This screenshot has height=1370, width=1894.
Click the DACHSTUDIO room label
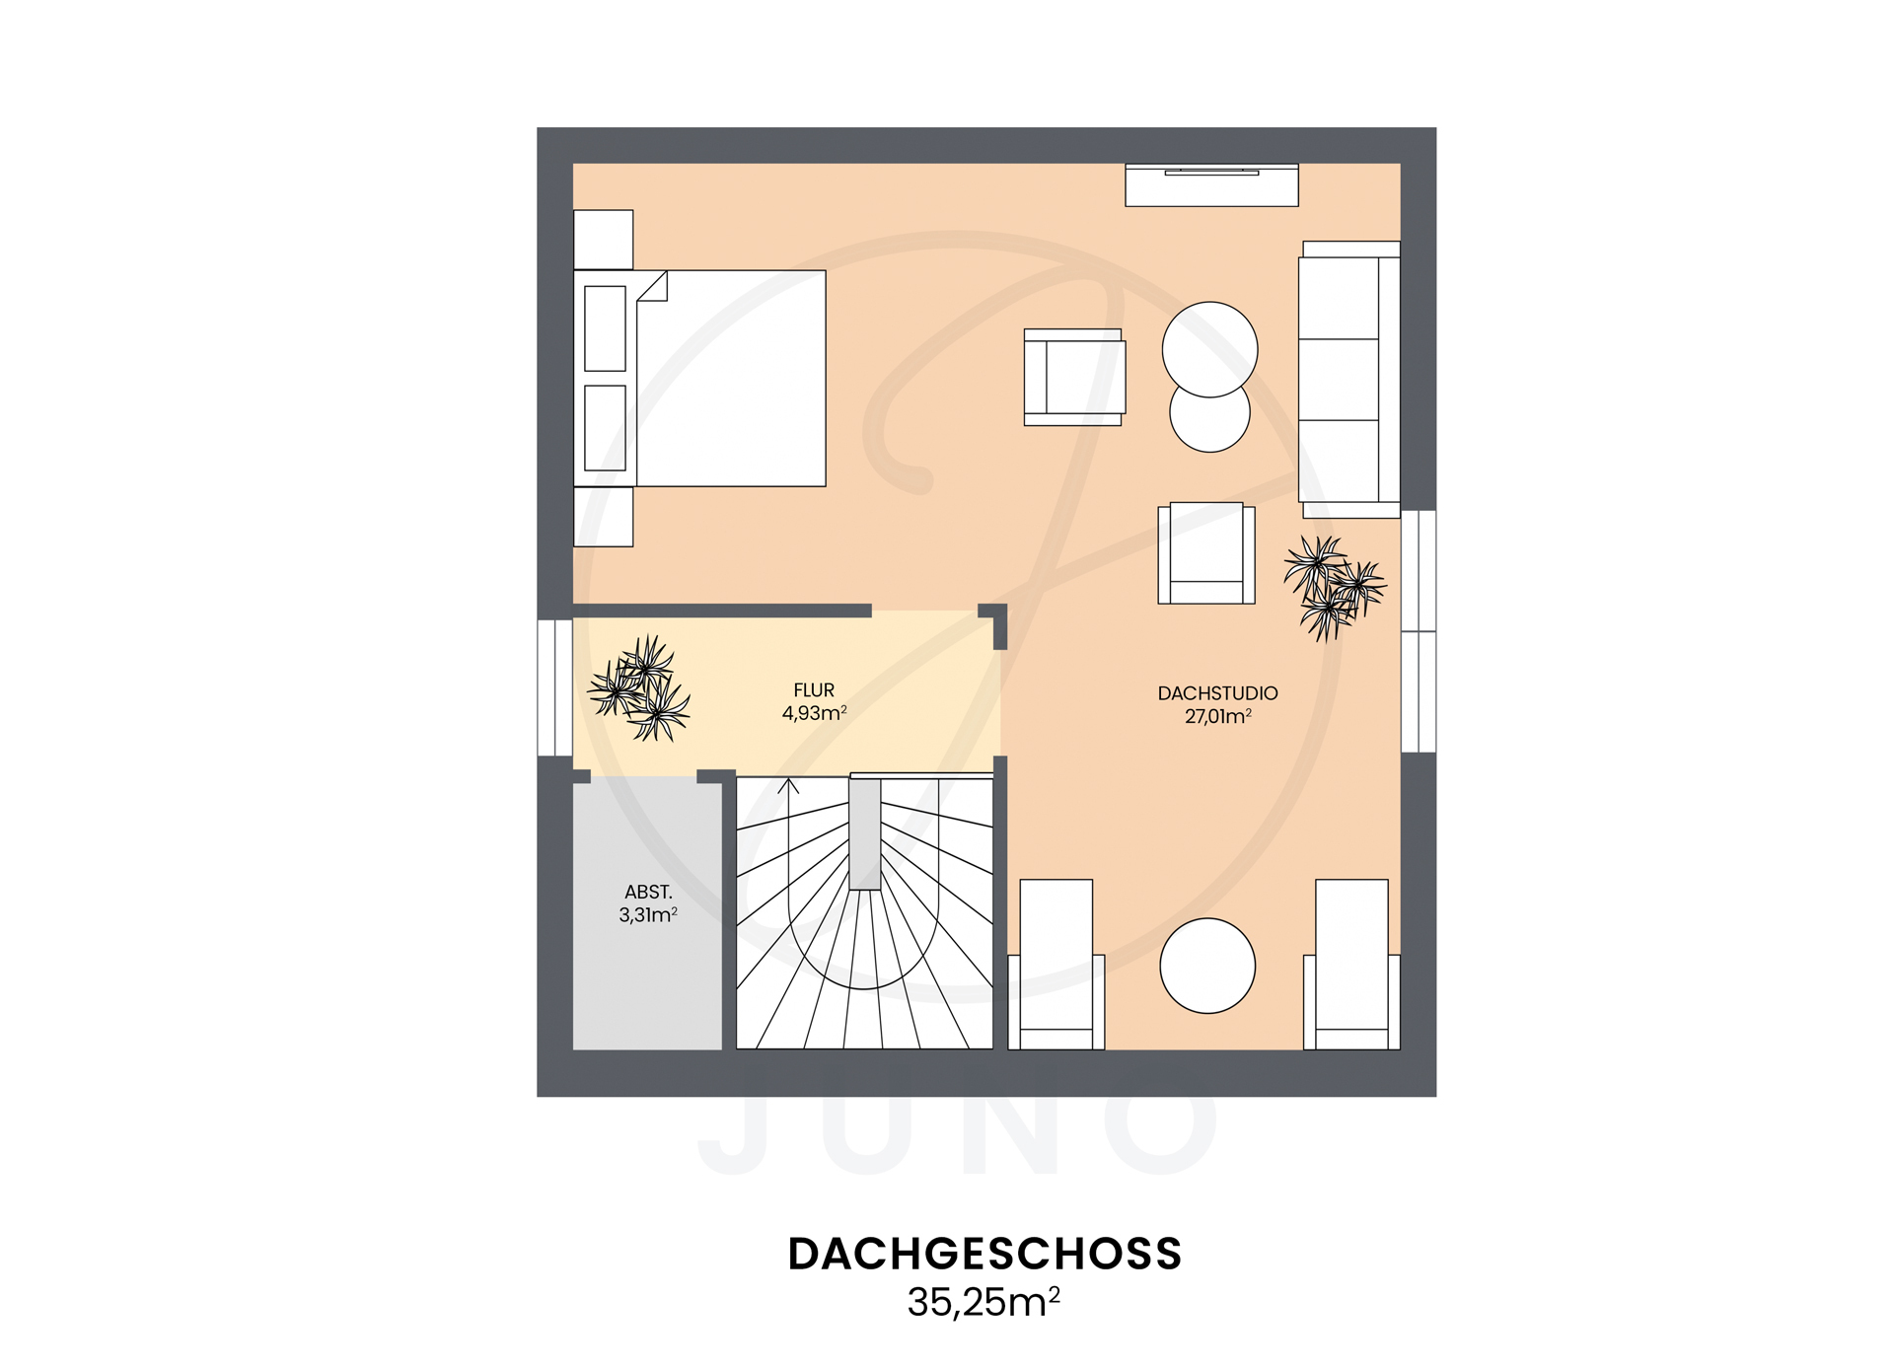pos(1217,693)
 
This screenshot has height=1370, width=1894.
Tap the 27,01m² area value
pos(1217,717)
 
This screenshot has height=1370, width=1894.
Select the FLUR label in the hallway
pos(814,690)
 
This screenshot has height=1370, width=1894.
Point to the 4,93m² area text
pos(814,713)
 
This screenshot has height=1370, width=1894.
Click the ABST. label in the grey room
pos(648,892)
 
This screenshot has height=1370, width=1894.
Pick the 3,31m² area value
pos(648,915)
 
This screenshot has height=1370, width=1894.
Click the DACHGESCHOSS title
pos(984,1254)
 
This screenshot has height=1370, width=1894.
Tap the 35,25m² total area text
pos(984,1303)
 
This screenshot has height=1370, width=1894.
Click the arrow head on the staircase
pos(788,786)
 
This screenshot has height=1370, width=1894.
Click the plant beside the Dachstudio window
pos(1333,588)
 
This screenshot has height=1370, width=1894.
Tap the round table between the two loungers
pos(1207,966)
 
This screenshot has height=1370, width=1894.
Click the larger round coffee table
pos(1209,348)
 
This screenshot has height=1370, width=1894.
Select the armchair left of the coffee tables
pos(1073,378)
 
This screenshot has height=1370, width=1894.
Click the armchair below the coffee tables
pos(1205,553)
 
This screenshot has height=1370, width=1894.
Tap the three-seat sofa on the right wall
pos(1348,380)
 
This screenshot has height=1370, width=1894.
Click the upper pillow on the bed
pos(605,328)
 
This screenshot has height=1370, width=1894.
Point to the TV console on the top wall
pos(1211,185)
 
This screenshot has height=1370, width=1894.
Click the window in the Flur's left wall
pos(554,687)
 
